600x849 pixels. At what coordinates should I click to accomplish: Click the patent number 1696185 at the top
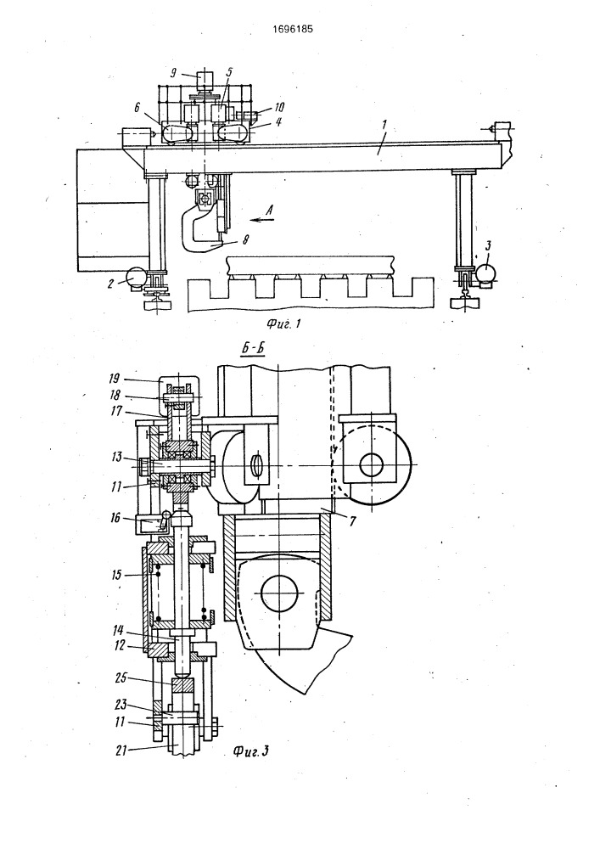292,29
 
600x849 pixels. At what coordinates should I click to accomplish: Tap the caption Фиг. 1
283,324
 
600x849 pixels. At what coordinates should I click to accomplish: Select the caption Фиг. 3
251,751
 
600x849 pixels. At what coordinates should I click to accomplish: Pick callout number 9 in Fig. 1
173,72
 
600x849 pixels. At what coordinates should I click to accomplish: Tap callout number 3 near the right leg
488,246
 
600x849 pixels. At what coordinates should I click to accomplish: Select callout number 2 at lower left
110,283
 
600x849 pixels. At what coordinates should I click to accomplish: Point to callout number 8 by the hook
246,240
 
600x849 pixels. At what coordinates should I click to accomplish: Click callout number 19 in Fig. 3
115,379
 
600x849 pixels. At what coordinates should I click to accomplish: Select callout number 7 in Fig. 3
351,520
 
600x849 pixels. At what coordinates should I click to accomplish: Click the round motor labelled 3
486,271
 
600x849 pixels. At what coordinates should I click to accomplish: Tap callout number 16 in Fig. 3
115,519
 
